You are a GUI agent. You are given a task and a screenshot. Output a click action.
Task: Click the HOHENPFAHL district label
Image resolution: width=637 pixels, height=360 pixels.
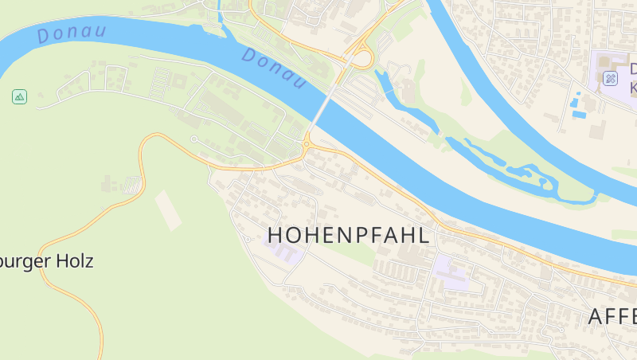[349, 236]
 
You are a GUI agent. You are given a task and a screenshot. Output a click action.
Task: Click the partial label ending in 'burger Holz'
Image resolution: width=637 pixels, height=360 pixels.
[47, 261]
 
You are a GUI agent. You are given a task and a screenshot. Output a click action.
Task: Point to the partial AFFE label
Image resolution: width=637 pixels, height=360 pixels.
[612, 316]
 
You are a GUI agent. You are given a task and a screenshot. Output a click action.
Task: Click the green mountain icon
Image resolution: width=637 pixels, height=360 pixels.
[19, 97]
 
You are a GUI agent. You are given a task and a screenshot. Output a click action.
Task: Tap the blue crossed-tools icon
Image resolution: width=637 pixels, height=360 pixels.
[610, 78]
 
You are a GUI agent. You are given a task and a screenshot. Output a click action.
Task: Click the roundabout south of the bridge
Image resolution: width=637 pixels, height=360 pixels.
[307, 144]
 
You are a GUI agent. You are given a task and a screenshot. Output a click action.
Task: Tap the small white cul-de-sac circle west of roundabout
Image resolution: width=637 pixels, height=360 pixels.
[193, 139]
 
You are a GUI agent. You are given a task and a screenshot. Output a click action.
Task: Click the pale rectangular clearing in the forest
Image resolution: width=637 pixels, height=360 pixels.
[168, 209]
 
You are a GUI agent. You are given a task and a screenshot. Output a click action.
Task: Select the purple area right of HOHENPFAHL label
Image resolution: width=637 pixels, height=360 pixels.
[452, 272]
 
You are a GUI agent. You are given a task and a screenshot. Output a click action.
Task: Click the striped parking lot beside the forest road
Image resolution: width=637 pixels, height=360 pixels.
[132, 185]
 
